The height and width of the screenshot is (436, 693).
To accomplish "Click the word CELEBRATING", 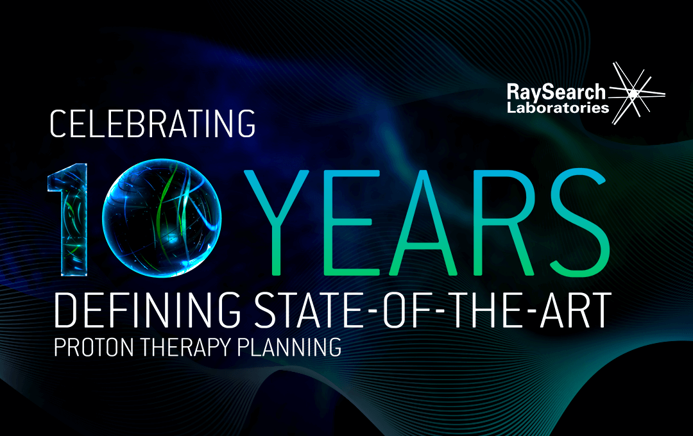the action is [x=153, y=124].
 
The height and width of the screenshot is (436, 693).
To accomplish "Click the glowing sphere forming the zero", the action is [x=162, y=218].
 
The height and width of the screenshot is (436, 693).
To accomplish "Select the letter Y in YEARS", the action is [x=277, y=222].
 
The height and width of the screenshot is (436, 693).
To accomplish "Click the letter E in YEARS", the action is [x=350, y=222].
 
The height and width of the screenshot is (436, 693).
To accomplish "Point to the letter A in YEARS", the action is [x=424, y=222].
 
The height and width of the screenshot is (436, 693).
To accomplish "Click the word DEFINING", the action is [x=148, y=310].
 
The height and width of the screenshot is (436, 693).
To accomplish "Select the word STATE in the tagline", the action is [x=309, y=310].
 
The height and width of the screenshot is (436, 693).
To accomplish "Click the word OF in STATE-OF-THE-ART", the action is [x=405, y=310].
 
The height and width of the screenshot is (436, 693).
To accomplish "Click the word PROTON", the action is [x=94, y=348].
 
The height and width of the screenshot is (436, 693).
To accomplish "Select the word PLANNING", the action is [x=289, y=348].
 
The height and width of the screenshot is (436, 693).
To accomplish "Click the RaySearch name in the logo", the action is [x=556, y=92].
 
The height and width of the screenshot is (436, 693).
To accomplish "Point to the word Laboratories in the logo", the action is [x=558, y=107].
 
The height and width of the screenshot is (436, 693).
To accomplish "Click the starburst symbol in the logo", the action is [x=635, y=93].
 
